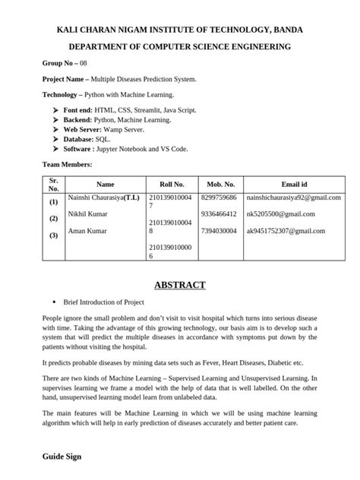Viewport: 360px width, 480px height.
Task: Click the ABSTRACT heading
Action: (179, 285)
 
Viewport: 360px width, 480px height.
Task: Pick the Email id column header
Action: (294, 185)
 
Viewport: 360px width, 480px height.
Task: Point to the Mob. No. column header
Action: (220, 185)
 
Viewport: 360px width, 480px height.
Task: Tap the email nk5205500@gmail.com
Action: (279, 214)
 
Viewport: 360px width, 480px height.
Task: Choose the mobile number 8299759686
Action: (219, 197)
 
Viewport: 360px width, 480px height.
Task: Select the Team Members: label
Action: (67, 164)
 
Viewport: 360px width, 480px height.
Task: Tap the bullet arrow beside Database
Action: (55, 140)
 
